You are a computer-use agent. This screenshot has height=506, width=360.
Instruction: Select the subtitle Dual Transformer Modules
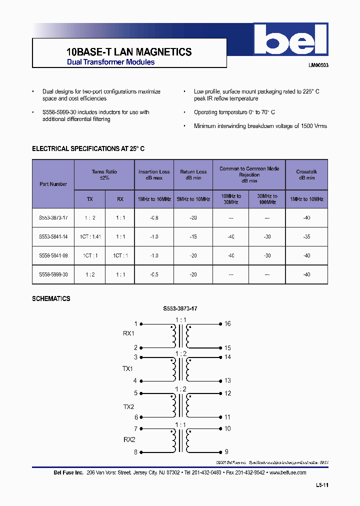point(110,62)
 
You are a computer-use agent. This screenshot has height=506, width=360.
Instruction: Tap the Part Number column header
point(53,184)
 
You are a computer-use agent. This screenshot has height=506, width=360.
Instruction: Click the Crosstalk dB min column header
point(306,174)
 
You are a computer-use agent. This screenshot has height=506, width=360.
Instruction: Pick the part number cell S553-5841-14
point(53,236)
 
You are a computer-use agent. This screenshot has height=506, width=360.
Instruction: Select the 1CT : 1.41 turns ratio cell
point(89,236)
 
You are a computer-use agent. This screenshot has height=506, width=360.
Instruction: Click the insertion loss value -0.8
point(154,217)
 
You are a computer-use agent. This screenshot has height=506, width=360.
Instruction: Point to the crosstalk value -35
point(306,236)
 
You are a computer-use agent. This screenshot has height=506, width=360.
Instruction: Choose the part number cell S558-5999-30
point(53,274)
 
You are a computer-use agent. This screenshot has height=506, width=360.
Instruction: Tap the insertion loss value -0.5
point(154,274)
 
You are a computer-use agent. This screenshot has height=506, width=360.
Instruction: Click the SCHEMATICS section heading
point(51,298)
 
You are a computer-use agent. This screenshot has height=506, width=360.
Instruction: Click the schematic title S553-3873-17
point(180,309)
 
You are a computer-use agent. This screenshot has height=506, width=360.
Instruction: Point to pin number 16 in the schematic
point(227,324)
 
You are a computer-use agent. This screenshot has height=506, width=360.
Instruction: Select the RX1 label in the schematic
point(128,333)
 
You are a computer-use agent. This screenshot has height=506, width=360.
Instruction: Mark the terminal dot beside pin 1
point(141,324)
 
